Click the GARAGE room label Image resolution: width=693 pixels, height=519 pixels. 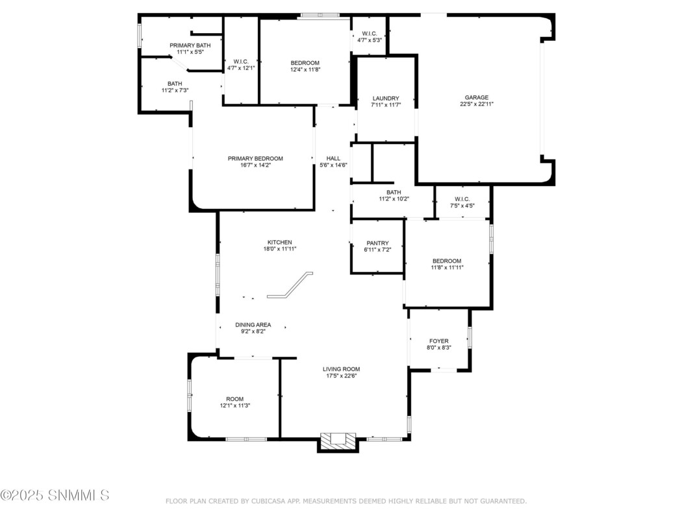[477, 97]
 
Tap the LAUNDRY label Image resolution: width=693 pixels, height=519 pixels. [386, 99]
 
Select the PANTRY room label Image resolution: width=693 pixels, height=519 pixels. [377, 243]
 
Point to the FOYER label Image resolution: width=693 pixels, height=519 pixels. [439, 341]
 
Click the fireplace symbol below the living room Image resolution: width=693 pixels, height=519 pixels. [338, 441]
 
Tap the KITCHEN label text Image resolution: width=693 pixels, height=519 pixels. [280, 242]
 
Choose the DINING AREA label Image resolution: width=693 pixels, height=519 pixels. [253, 325]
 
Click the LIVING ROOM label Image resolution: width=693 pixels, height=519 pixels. [341, 369]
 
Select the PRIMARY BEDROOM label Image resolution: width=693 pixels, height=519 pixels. [255, 158]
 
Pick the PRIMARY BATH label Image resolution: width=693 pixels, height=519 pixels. [190, 45]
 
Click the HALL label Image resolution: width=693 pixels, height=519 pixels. [333, 158]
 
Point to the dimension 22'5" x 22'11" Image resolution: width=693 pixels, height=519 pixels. [477, 104]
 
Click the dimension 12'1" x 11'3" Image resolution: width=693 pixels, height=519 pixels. [235, 405]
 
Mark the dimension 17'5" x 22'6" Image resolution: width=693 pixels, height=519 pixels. [341, 376]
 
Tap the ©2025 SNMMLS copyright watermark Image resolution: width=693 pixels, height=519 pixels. [55, 495]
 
